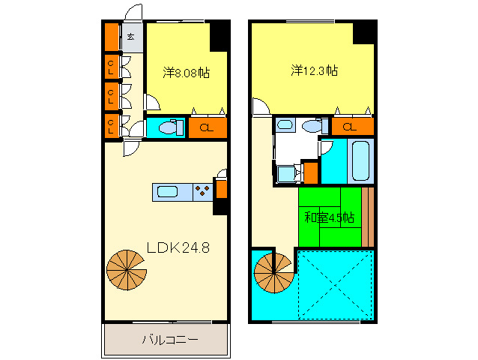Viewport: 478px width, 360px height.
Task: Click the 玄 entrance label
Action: pyautogui.click(x=131, y=37)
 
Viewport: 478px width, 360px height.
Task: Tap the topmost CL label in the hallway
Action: pyautogui.click(x=111, y=67)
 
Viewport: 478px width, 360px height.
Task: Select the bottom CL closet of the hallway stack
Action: pyautogui.click(x=111, y=124)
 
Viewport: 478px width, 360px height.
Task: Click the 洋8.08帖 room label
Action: pyautogui.click(x=187, y=73)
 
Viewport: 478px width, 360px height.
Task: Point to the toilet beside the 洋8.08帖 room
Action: pyautogui.click(x=169, y=128)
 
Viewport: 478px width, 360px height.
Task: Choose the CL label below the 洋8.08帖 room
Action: pyautogui.click(x=207, y=128)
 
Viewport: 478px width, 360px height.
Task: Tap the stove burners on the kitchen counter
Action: pyautogui.click(x=202, y=192)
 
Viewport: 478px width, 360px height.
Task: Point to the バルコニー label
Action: pyautogui.click(x=170, y=340)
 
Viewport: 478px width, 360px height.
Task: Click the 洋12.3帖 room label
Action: pyautogui.click(x=315, y=71)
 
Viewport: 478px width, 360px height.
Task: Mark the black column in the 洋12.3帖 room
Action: pyautogui.click(x=363, y=33)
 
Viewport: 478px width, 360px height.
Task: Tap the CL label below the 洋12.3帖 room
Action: pyautogui.click(x=349, y=127)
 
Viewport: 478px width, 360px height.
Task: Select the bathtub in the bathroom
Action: pyautogui.click(x=360, y=160)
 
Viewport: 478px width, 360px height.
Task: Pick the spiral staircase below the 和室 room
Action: pyautogui.click(x=273, y=273)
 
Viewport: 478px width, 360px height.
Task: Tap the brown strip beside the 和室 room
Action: pyautogui.click(x=367, y=216)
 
